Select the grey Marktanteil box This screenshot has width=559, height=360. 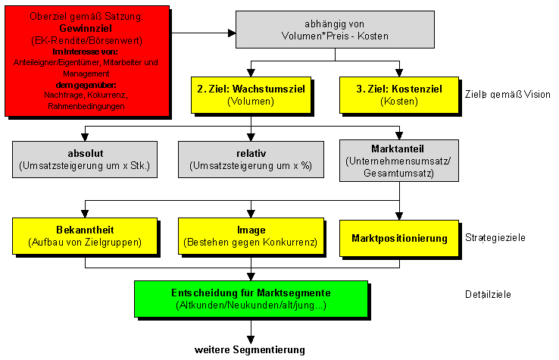point(399,160)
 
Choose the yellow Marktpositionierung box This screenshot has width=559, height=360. point(399,238)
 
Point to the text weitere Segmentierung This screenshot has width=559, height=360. point(249,349)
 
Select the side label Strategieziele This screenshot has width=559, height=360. point(495,238)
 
